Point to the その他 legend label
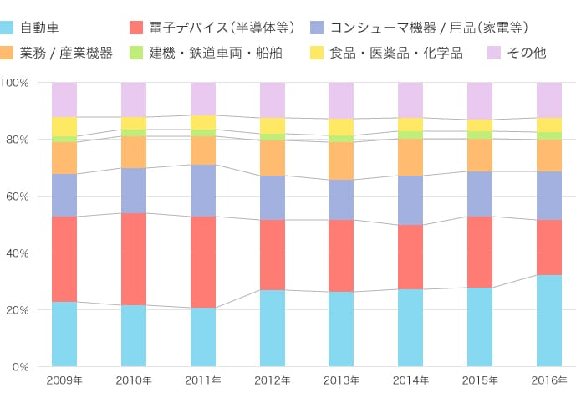click(x=527, y=53)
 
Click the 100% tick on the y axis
click(x=16, y=83)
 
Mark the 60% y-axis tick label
click(x=18, y=196)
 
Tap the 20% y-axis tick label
click(x=18, y=310)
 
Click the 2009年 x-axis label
click(x=64, y=380)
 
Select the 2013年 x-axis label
click(x=341, y=380)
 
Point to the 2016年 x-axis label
click(x=548, y=380)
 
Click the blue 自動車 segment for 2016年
click(x=548, y=320)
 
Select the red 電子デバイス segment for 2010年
click(x=133, y=259)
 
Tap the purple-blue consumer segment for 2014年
click(x=410, y=201)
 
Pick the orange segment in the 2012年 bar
click(x=272, y=158)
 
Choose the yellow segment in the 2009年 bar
click(x=64, y=126)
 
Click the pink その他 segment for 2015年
click(x=479, y=101)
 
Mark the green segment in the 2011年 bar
click(x=202, y=133)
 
